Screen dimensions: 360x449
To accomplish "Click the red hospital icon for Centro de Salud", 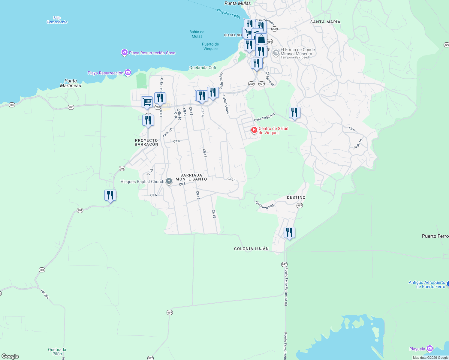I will coord(254,130).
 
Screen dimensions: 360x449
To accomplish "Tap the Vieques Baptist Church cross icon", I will coord(169,181).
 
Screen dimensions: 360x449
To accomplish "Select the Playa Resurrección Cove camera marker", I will coord(124,52).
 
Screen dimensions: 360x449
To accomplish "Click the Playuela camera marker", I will coord(430,349).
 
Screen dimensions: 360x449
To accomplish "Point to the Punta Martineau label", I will coord(71,83).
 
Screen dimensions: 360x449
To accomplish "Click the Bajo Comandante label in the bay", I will coord(57,20).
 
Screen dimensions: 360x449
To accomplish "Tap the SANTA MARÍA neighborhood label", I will coord(325,22).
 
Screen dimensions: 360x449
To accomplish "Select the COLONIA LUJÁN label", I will coord(252,249).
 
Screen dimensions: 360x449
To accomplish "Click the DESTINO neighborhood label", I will coord(296,197).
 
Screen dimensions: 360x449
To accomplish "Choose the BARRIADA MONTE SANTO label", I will coord(191,177).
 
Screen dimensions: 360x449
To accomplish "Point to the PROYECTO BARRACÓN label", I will coord(146,142).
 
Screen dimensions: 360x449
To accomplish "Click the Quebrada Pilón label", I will coord(57,351).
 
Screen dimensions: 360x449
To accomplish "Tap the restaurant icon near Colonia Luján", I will coord(289,232).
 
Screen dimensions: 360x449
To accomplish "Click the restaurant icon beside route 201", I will coord(110,195).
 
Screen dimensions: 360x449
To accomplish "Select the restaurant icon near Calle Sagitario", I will coord(294,112).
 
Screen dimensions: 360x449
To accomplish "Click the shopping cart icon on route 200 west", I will coord(147,102).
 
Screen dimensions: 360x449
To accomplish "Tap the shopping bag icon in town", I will coord(261,39).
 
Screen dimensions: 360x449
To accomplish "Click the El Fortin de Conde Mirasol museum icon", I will coord(276,53).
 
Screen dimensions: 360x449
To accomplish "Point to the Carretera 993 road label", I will coord(265,205).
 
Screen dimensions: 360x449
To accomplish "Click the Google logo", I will coord(10,356).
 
